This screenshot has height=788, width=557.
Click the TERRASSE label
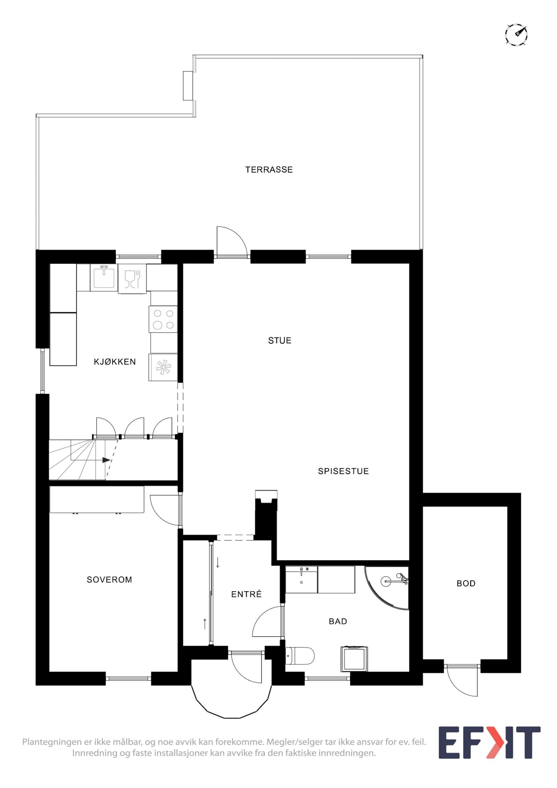[269, 169]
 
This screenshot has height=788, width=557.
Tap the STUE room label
[280, 340]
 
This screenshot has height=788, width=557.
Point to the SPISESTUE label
[343, 471]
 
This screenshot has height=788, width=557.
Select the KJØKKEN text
[115, 362]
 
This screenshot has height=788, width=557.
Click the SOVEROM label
[109, 580]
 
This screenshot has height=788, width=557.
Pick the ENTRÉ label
[246, 594]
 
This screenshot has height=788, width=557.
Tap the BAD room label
[338, 622]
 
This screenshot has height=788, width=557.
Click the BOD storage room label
[466, 583]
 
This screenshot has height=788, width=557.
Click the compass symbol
[516, 34]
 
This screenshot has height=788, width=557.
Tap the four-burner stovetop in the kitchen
[163, 319]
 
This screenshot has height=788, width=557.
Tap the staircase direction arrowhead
[106, 460]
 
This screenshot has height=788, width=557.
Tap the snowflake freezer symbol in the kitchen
[163, 368]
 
